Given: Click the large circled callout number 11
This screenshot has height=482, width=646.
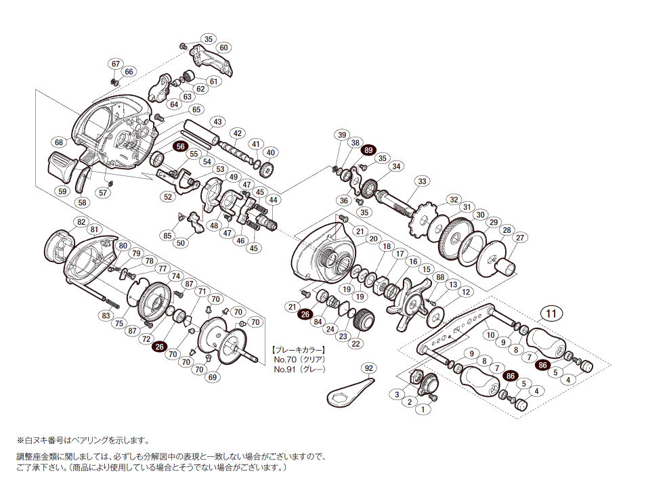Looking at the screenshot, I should (x=552, y=313).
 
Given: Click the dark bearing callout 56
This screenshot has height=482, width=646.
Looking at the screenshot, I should (x=181, y=146).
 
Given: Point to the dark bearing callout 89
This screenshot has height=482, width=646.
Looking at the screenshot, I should (x=368, y=150).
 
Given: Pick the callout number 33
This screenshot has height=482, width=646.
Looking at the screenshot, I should (x=423, y=181).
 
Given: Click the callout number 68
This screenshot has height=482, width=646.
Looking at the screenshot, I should (x=60, y=142).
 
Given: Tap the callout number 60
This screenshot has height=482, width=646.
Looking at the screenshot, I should (x=223, y=47).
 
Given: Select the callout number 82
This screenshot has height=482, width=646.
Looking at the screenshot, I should (x=81, y=222).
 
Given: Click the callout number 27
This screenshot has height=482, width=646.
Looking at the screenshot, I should (x=520, y=238).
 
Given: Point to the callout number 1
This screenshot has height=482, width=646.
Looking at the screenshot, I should (x=423, y=409).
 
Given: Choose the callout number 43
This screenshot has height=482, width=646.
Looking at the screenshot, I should (x=217, y=122).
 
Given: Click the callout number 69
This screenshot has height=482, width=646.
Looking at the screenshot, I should (x=213, y=377).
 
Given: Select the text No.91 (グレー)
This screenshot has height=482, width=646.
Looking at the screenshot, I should (x=299, y=369).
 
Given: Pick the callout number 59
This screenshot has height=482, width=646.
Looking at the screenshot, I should (x=63, y=192).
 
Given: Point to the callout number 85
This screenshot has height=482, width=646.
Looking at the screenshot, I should (x=167, y=236).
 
